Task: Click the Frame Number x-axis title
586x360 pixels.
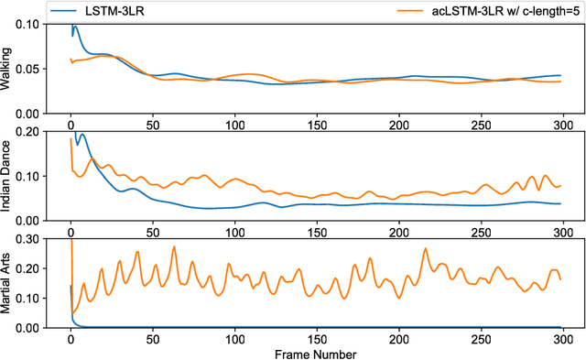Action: [316, 353]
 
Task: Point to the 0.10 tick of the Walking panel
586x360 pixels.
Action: [28, 24]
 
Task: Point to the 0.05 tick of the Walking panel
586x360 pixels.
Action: [28, 69]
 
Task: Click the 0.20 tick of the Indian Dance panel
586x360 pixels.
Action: [28, 131]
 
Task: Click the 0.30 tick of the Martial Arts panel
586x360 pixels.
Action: [28, 238]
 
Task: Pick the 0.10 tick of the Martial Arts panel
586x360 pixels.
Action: [28, 298]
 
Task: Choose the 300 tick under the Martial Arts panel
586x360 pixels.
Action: [562, 336]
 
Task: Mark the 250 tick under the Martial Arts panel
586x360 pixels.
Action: [481, 336]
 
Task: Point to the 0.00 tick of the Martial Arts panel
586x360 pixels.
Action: [28, 327]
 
